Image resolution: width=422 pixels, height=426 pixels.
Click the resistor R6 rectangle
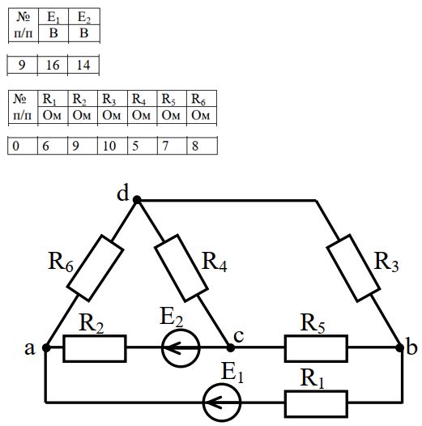point(96,268)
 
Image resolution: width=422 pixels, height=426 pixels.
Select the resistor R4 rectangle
point(181,268)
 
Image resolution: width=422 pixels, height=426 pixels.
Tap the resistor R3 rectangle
point(353,268)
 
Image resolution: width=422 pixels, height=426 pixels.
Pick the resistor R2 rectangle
point(95,348)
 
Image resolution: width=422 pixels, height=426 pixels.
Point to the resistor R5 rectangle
point(316,348)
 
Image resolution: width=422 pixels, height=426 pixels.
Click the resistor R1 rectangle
point(316,403)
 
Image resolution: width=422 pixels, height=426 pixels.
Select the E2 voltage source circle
point(181,348)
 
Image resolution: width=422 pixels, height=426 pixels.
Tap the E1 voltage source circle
point(222,403)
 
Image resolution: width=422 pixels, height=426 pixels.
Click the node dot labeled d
point(137,200)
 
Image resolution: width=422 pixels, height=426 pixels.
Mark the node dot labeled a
point(46,347)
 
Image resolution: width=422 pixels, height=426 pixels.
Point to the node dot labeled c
point(230,347)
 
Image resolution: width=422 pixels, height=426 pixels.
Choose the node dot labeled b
point(399,347)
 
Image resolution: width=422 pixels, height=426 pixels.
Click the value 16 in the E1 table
point(53,66)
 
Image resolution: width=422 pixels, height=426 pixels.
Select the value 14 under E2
point(83,66)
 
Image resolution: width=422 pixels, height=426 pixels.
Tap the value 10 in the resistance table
point(109,146)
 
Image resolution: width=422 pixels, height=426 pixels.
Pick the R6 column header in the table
point(198,99)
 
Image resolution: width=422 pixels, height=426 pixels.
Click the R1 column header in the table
point(49,99)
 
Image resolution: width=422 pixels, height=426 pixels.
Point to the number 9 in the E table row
point(22,66)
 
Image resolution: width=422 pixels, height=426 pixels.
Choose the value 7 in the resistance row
point(165,146)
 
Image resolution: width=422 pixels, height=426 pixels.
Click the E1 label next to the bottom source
point(232,373)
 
